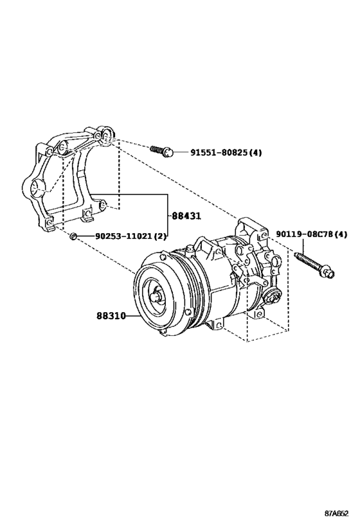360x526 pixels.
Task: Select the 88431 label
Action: pos(184,216)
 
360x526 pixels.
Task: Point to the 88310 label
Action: pos(111,316)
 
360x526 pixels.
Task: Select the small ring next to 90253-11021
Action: pos(75,237)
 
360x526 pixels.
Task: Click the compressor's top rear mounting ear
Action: pos(248,227)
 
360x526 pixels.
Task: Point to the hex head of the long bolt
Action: pos(328,274)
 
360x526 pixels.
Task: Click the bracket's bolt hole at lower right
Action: pos(105,207)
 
